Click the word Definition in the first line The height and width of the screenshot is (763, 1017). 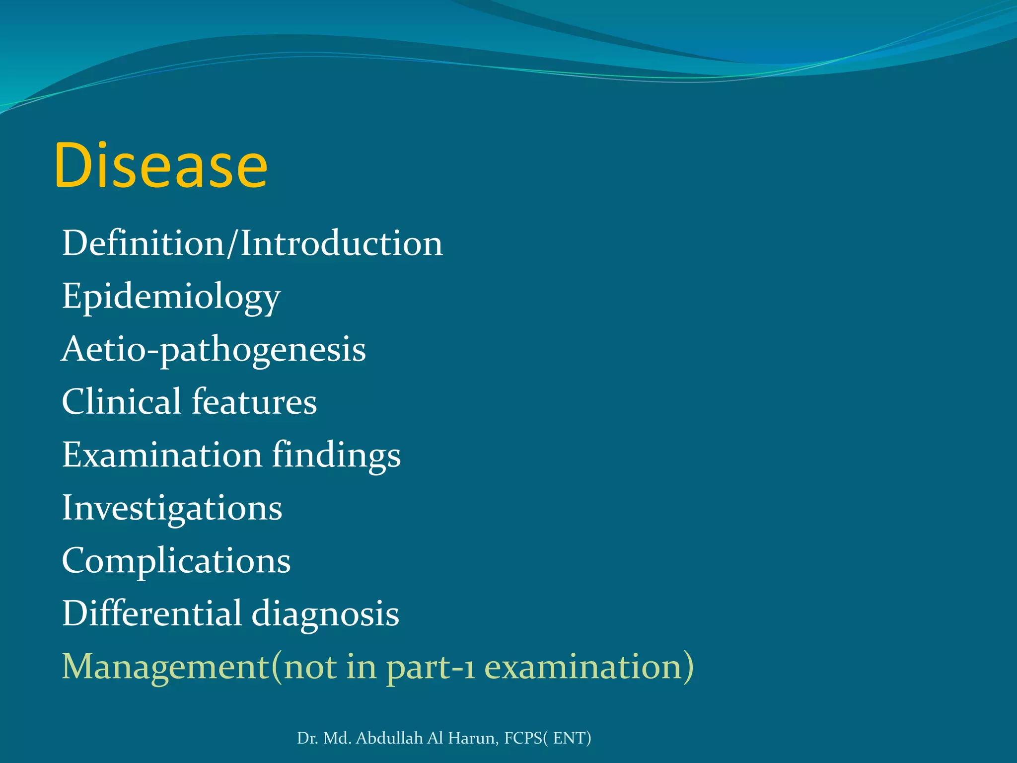click(143, 243)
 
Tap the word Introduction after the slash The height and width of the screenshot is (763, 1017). click(342, 243)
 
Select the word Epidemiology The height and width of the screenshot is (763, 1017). click(171, 297)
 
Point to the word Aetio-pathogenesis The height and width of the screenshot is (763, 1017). click(214, 350)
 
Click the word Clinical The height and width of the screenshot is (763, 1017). click(121, 401)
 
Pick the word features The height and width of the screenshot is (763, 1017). click(254, 401)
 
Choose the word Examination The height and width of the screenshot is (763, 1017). click(162, 455)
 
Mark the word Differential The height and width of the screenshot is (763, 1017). click(151, 613)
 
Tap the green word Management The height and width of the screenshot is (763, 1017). click(165, 667)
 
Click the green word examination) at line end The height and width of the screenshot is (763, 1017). click(589, 667)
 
